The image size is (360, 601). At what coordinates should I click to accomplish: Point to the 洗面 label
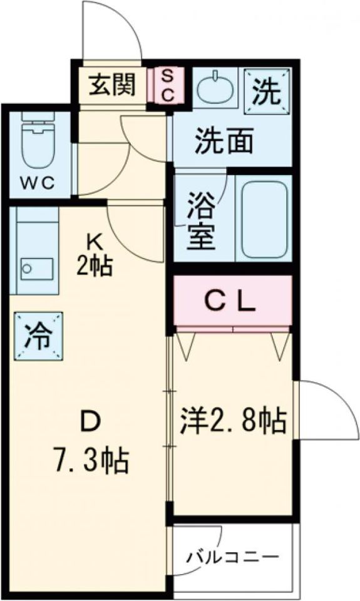coord(224,141)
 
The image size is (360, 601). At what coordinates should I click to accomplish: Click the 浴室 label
coord(201,220)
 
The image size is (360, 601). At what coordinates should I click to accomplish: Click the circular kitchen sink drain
coord(27,270)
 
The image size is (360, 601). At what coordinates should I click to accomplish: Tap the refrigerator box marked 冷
coord(38,337)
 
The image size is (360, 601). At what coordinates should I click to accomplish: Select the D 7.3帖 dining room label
coord(90,446)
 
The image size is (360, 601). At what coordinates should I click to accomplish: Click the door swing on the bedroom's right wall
coord(326,410)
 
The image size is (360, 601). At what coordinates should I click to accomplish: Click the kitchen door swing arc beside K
coord(135,229)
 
